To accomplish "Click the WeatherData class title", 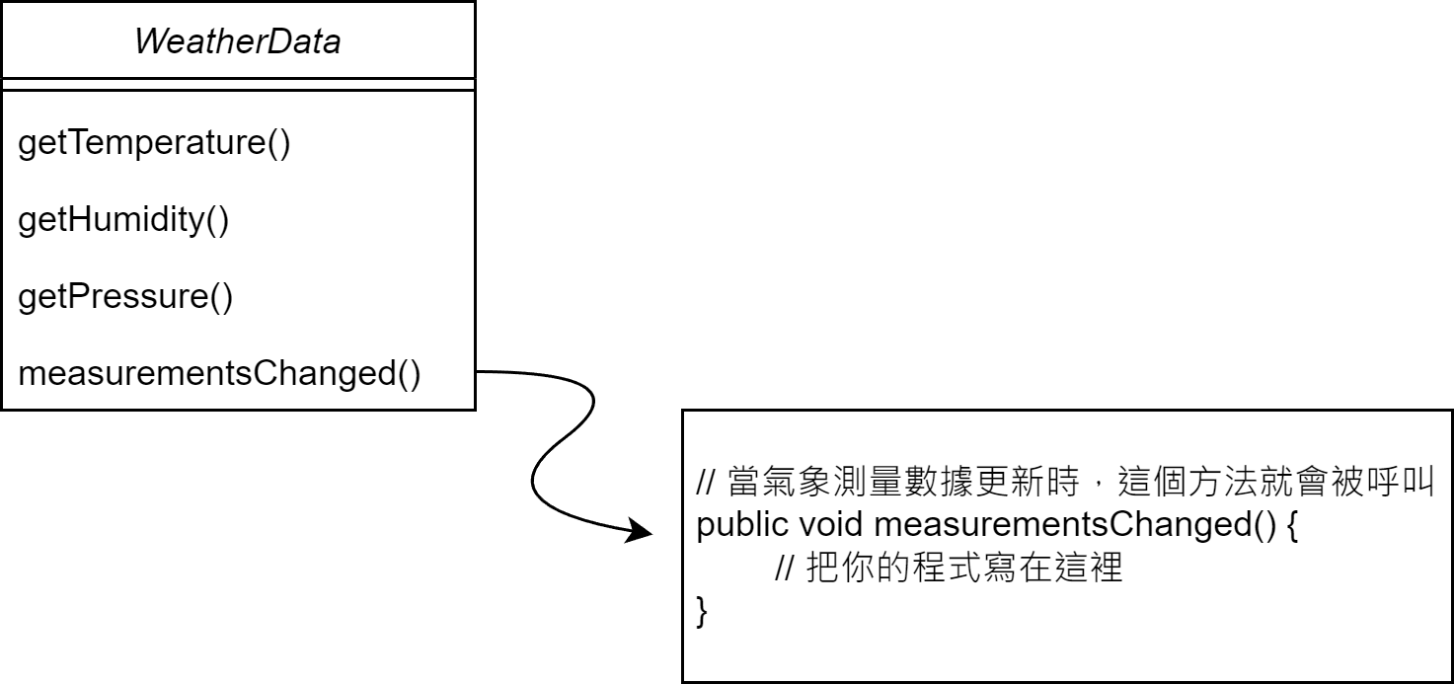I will [237, 41].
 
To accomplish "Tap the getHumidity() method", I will [123, 220].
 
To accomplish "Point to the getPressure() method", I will [125, 297].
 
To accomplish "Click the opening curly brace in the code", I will [1294, 525].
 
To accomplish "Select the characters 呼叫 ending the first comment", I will [1403, 483].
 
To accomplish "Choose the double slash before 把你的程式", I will [786, 570].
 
